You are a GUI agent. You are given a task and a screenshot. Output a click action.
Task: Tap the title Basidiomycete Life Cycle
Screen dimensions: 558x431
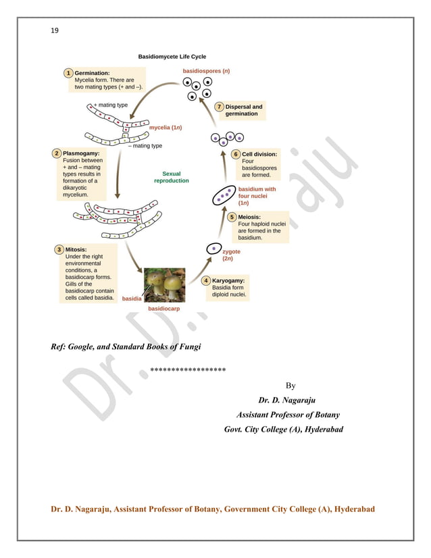172,57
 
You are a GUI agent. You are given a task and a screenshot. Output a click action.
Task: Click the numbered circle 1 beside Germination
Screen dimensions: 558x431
68,72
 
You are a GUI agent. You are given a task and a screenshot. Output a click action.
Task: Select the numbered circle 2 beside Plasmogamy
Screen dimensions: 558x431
57,153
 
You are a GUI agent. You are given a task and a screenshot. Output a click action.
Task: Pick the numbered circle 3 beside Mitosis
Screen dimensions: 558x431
59,250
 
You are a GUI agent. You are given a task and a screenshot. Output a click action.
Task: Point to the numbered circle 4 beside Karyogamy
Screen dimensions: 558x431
206,280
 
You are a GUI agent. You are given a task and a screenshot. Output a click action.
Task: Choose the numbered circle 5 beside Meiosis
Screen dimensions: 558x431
232,217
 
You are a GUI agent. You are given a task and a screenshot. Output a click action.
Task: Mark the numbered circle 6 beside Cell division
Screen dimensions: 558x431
236,154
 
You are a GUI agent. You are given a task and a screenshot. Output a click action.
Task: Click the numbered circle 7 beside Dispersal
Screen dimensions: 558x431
220,107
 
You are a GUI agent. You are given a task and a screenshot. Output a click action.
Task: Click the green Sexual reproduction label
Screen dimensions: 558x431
172,178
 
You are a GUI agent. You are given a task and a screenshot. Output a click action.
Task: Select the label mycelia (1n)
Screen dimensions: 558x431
165,127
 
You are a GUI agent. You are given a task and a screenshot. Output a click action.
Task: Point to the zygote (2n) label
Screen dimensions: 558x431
231,255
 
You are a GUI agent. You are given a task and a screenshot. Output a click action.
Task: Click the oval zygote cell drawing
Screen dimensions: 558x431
213,249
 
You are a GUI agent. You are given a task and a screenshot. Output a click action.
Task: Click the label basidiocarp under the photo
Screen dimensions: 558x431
163,308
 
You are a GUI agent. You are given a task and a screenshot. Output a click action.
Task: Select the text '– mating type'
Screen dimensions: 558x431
145,145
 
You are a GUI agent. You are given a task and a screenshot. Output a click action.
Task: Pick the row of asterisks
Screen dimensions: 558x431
188,370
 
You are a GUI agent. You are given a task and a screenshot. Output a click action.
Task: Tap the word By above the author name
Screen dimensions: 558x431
290,386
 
